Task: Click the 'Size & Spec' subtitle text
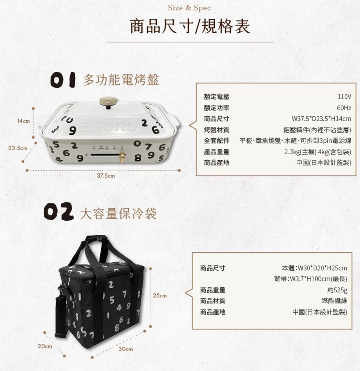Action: [189, 8]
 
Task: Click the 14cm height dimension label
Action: [24, 121]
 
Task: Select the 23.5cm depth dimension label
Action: [18, 148]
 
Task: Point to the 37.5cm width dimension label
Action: [106, 176]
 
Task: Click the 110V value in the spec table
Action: [344, 97]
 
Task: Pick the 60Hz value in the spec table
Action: [344, 108]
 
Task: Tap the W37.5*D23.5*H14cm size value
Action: [322, 119]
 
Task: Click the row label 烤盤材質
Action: [216, 130]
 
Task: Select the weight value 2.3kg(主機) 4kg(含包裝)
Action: [318, 152]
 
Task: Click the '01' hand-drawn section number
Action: [63, 80]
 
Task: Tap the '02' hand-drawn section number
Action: [58, 211]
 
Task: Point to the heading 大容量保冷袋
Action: [118, 213]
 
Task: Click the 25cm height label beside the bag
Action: [160, 295]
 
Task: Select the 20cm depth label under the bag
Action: [45, 346]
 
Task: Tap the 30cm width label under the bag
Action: [126, 349]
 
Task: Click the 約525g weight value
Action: [337, 290]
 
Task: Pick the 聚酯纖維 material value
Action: [334, 301]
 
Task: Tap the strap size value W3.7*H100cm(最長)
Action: [310, 279]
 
